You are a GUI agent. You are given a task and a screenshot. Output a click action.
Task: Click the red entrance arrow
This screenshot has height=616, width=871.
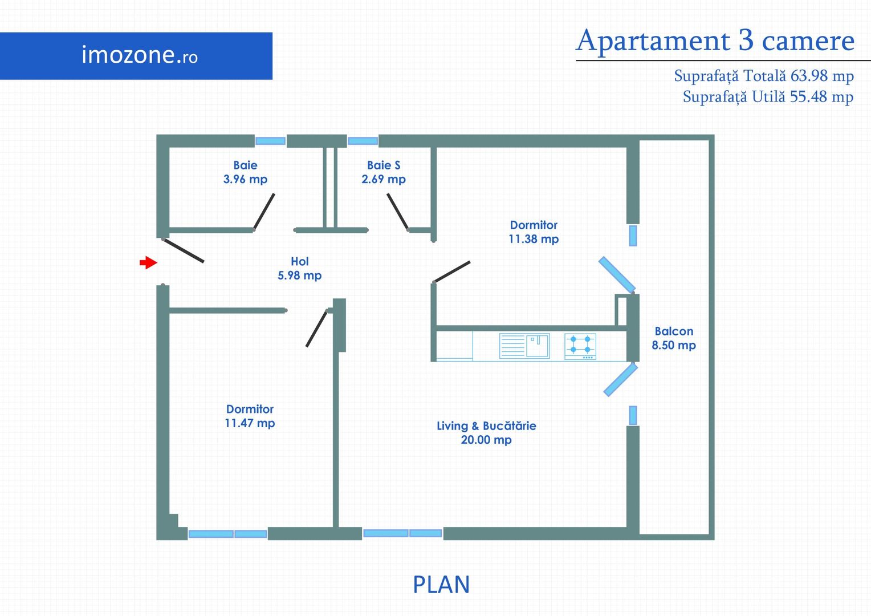pyautogui.click(x=148, y=263)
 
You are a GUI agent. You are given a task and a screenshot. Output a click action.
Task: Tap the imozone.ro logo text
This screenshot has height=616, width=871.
pyautogui.click(x=140, y=55)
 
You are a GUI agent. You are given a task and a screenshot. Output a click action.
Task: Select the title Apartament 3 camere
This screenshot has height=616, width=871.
pyautogui.click(x=715, y=41)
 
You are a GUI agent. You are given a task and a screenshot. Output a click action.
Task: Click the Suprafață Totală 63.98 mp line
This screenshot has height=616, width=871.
pyautogui.click(x=764, y=76)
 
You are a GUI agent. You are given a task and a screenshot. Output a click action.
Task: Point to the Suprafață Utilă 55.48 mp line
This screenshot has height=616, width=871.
pyautogui.click(x=768, y=97)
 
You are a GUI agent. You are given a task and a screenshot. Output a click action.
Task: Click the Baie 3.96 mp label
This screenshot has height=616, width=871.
pyautogui.click(x=245, y=172)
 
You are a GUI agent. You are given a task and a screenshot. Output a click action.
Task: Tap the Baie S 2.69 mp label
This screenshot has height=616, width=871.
pyautogui.click(x=384, y=172)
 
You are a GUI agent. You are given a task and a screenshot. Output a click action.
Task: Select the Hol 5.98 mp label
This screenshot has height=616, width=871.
pyautogui.click(x=299, y=269)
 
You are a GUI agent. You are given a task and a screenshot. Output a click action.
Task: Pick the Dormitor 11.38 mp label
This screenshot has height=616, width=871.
pyautogui.click(x=534, y=232)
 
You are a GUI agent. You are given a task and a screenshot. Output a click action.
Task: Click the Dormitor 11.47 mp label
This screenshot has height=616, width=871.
pyautogui.click(x=250, y=416)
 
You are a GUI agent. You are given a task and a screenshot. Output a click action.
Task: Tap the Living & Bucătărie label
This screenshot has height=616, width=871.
pyautogui.click(x=486, y=425)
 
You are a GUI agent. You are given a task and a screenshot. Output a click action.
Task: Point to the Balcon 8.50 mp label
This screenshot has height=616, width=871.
pyautogui.click(x=674, y=338)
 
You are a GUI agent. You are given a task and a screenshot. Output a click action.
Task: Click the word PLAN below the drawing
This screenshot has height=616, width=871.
pyautogui.click(x=441, y=585)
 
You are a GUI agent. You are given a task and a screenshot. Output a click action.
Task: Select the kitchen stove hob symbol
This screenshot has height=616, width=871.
pyautogui.click(x=580, y=346)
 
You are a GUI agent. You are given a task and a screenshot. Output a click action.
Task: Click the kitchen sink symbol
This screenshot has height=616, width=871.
pyautogui.click(x=524, y=346)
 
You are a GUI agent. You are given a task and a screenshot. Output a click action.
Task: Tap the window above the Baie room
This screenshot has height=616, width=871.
pyautogui.click(x=270, y=141)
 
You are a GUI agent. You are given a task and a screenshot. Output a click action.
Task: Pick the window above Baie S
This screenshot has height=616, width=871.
pyautogui.click(x=363, y=141)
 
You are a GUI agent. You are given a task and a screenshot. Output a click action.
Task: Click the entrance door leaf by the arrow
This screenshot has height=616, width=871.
pyautogui.click(x=184, y=250)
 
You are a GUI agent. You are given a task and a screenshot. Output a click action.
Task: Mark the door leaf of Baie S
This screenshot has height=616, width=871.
pyautogui.click(x=397, y=212)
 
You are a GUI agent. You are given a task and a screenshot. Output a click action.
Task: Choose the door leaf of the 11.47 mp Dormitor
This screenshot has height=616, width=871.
pyautogui.click(x=316, y=329)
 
